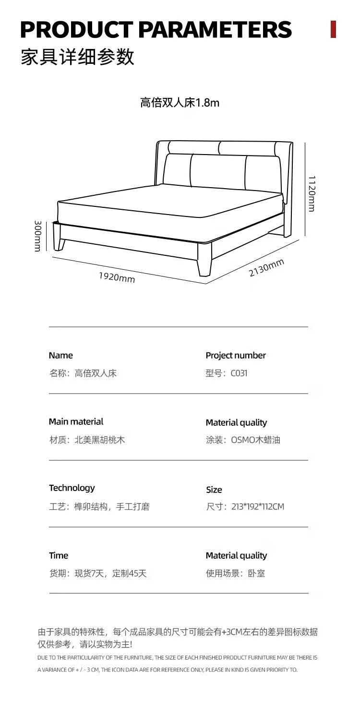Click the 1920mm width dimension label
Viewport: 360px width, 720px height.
117,277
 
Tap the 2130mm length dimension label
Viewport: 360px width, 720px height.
266,268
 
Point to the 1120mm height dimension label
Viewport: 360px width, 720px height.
312,193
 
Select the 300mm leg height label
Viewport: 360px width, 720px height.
37,236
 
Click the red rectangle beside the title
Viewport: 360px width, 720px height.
333,29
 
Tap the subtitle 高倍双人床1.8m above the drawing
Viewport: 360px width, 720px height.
180,103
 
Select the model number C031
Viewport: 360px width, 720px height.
239,373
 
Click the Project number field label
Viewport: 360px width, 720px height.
235,355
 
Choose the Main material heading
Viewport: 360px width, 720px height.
76,421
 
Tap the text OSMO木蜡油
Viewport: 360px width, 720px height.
255,440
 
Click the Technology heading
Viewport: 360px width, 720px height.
72,488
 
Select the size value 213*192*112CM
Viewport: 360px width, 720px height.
258,506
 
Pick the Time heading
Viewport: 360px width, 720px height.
59,555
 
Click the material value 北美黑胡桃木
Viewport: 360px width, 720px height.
100,440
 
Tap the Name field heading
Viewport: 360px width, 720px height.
61,355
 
